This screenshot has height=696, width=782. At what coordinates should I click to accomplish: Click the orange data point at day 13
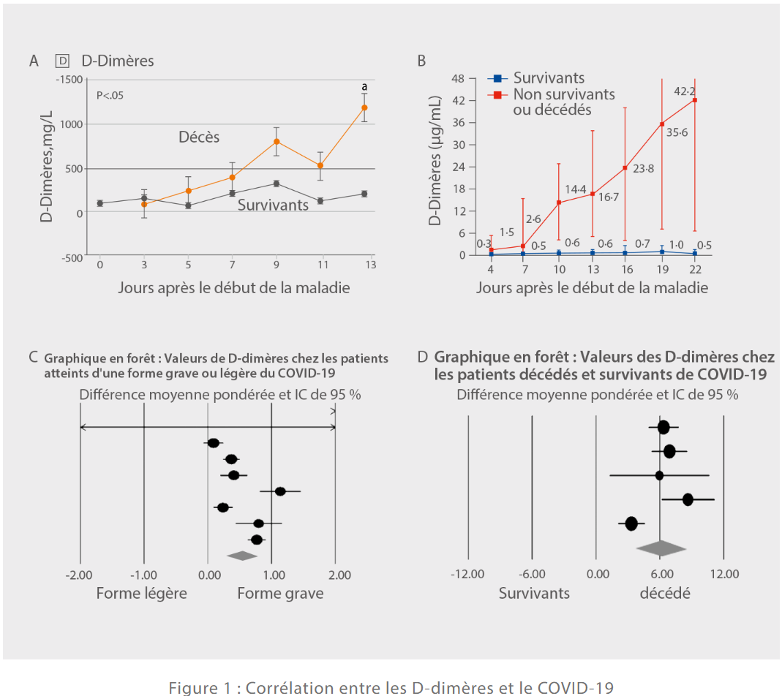click(364, 107)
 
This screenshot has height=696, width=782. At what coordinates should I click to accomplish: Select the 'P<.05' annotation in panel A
click(110, 95)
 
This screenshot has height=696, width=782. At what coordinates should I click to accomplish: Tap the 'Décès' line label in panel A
click(200, 137)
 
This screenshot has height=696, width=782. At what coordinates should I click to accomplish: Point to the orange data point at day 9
click(277, 141)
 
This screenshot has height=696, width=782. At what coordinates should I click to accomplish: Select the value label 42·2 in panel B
click(684, 91)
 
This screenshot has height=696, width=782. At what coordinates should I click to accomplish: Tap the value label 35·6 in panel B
click(677, 132)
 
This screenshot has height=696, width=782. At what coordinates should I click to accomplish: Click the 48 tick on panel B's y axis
click(459, 78)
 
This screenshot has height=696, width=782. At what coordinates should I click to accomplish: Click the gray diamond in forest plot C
click(242, 556)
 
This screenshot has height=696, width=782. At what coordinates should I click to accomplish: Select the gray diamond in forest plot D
click(661, 548)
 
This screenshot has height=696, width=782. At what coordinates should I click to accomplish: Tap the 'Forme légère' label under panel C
click(141, 593)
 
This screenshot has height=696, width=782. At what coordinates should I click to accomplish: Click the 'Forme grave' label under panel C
click(280, 593)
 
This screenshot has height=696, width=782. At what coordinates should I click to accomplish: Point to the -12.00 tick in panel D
click(468, 575)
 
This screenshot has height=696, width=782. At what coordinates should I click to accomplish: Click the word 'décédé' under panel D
click(665, 593)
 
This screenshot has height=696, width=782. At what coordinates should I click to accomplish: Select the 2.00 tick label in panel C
click(339, 575)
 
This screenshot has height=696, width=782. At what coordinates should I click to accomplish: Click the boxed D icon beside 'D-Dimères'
click(63, 61)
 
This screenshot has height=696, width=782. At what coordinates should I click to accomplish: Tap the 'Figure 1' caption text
click(391, 687)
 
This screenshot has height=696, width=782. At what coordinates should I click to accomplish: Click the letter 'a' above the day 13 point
click(364, 88)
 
